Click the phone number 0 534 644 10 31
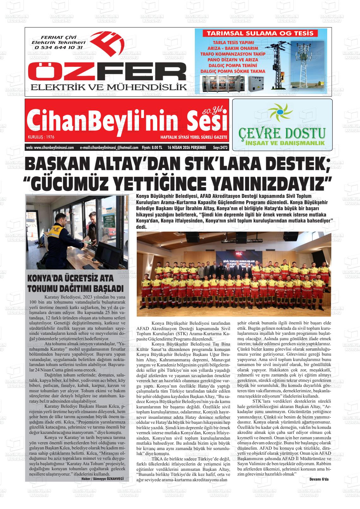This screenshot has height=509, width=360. point(59,47)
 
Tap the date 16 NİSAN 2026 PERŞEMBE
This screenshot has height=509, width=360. point(187,147)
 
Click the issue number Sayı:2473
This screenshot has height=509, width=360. point(220,147)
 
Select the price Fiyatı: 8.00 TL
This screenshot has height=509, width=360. point(152,147)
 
